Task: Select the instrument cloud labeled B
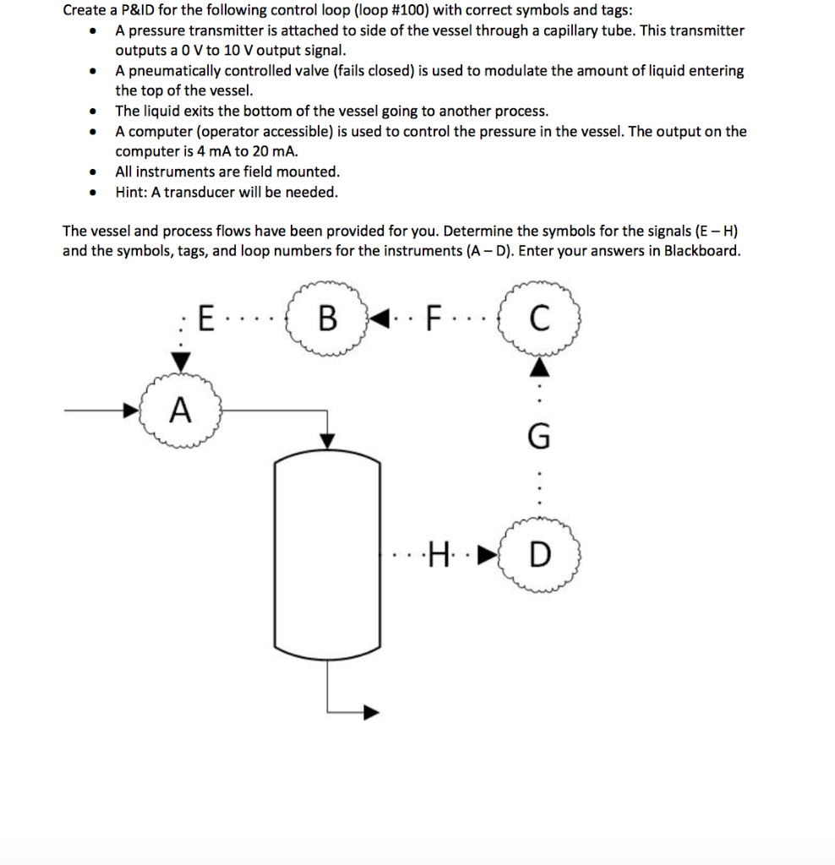point(328,320)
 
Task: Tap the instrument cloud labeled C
point(539,320)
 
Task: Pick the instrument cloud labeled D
point(540,557)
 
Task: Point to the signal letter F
point(434,320)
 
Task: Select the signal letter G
point(539,438)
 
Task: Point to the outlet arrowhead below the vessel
point(370,711)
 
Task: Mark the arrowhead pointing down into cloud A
point(180,362)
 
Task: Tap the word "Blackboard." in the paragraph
point(701,251)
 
